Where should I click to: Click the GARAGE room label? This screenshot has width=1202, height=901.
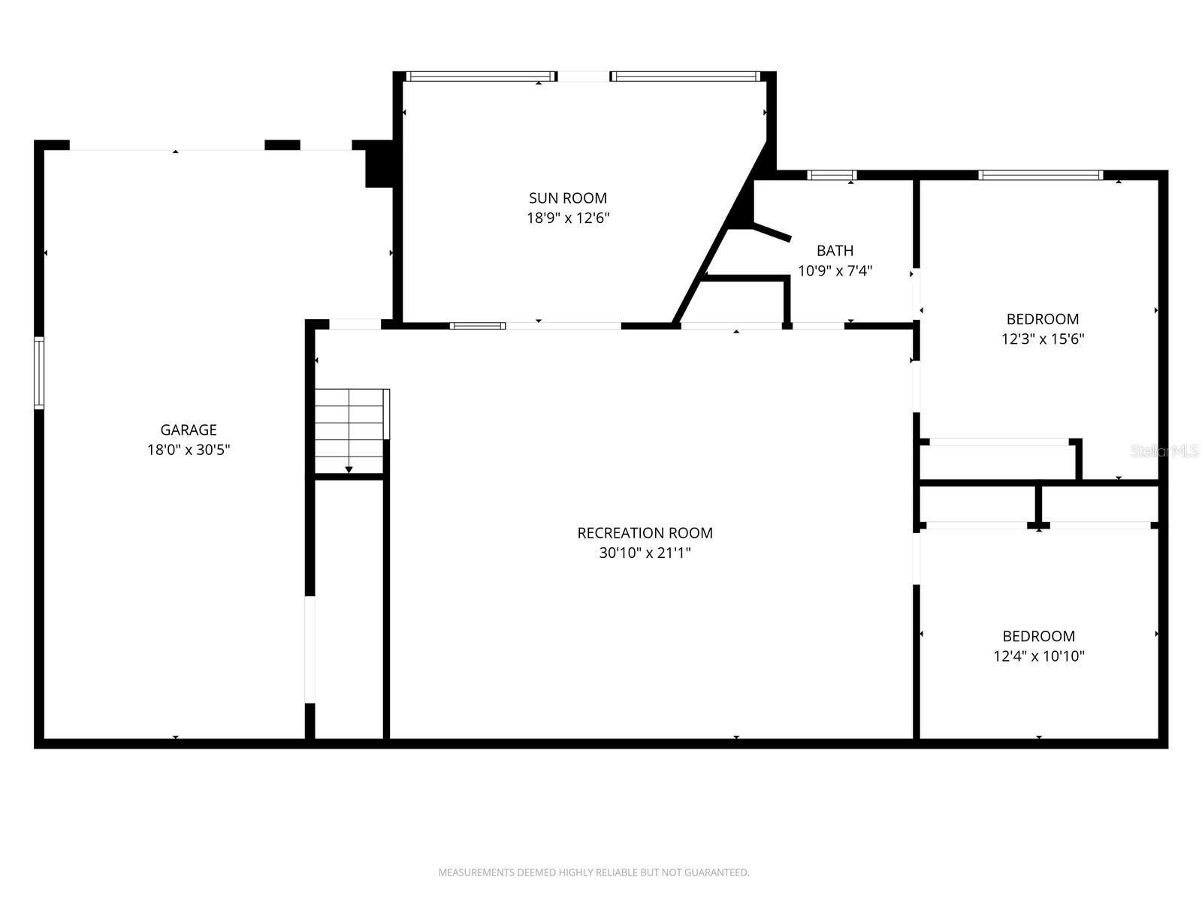(x=189, y=429)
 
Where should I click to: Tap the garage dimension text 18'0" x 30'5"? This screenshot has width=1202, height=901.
(x=189, y=450)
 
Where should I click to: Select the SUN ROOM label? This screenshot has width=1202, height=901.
(x=567, y=198)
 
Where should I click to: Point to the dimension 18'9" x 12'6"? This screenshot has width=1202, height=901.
(x=567, y=218)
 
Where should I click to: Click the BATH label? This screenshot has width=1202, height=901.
(x=835, y=251)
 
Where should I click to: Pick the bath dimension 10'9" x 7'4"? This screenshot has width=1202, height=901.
(x=835, y=270)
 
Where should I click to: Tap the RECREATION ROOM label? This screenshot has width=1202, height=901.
(x=645, y=533)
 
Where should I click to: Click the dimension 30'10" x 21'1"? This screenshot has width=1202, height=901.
(x=645, y=553)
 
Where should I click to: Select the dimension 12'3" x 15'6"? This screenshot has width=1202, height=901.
(x=1042, y=339)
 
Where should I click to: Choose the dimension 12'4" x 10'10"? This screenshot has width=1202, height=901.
(x=1038, y=656)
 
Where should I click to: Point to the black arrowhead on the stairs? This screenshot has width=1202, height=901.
(x=349, y=470)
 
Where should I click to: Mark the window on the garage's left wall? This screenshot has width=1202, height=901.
(x=39, y=373)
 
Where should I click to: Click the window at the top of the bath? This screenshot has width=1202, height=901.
(x=832, y=176)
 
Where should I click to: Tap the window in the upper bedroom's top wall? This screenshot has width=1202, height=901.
(x=1040, y=176)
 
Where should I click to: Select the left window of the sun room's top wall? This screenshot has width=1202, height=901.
(x=480, y=77)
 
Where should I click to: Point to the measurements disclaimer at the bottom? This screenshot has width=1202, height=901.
(x=593, y=872)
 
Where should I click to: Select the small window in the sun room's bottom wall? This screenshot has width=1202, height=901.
(x=478, y=326)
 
